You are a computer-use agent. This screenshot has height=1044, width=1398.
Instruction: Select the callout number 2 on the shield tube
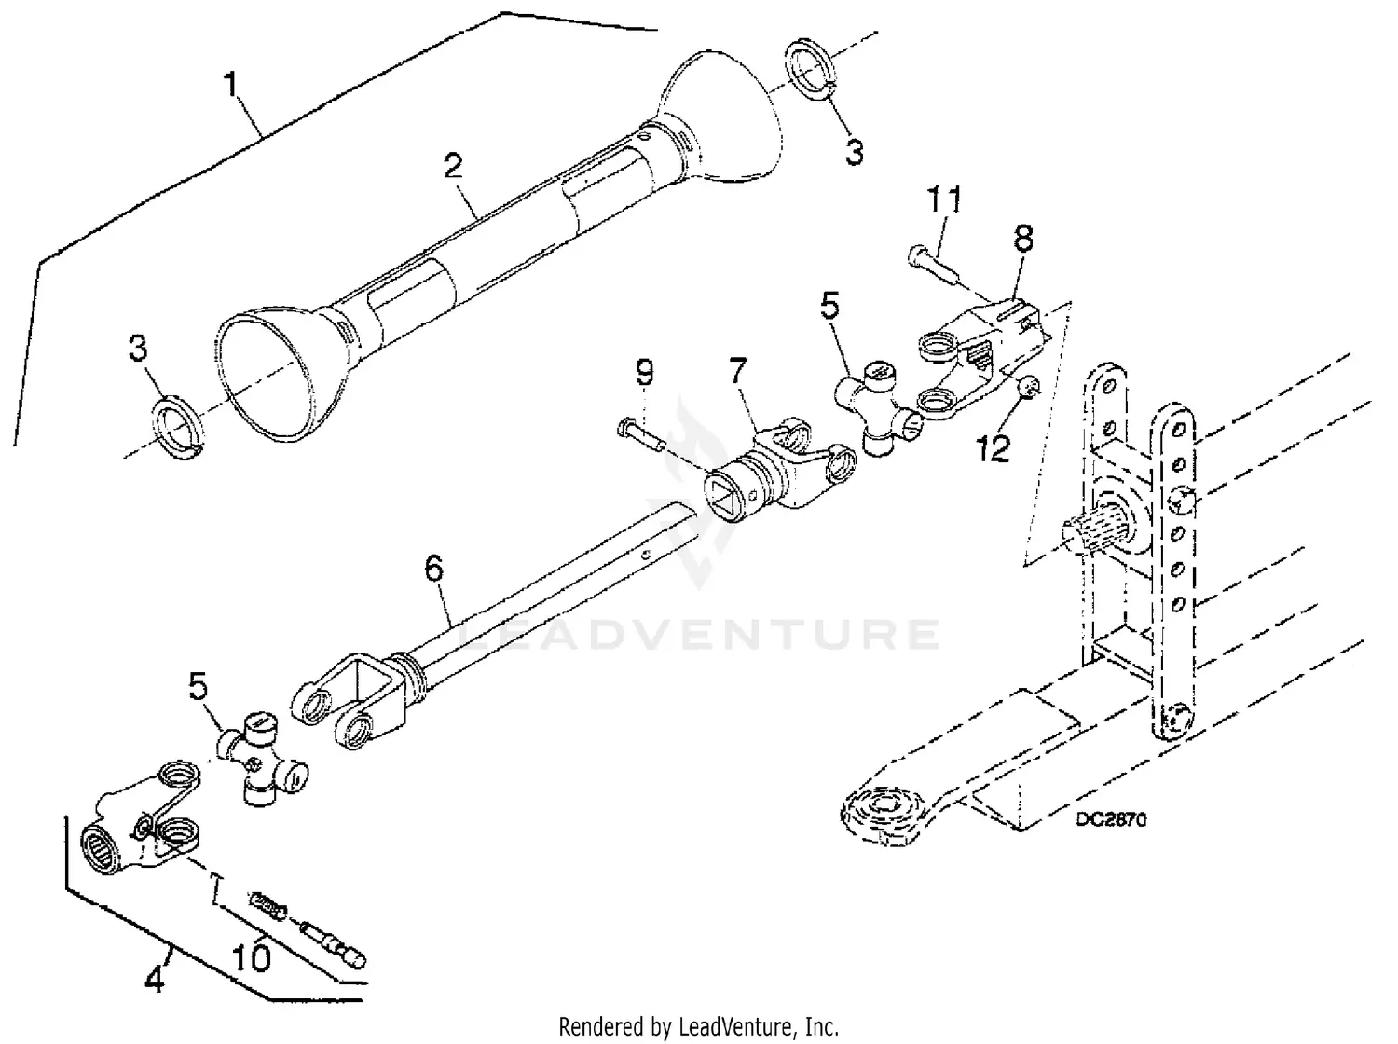tap(453, 167)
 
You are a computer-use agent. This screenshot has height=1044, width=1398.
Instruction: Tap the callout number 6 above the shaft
tap(434, 569)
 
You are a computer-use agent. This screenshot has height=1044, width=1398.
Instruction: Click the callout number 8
tap(1023, 240)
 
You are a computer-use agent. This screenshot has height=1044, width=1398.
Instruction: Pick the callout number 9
tap(645, 373)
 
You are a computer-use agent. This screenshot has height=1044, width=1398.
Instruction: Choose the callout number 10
tap(253, 956)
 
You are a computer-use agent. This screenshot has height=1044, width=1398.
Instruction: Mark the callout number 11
tap(943, 200)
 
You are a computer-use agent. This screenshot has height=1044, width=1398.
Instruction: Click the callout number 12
tap(994, 449)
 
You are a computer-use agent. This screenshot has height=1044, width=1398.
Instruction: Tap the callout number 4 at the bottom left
tap(155, 980)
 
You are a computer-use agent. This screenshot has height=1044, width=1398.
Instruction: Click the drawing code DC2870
tap(1111, 819)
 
